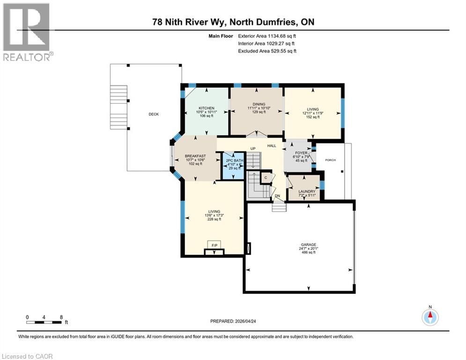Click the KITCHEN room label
206,108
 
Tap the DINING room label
257,104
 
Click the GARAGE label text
308,244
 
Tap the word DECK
154,114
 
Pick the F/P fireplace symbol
215,245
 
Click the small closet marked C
266,178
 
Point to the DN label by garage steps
278,196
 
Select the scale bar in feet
44,322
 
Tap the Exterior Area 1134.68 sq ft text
267,36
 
